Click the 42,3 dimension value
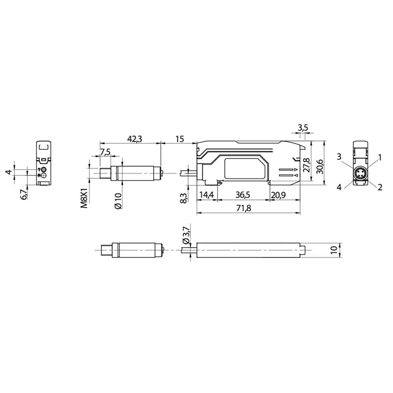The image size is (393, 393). click(x=134, y=139)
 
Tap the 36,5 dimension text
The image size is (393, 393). click(x=243, y=195)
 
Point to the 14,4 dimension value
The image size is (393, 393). click(x=207, y=195)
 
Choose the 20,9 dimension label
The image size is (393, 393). click(x=278, y=195)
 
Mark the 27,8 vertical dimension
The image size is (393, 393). click(x=306, y=165)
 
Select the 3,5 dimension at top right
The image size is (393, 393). click(x=303, y=128)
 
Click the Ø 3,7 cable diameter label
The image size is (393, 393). click(x=186, y=235)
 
